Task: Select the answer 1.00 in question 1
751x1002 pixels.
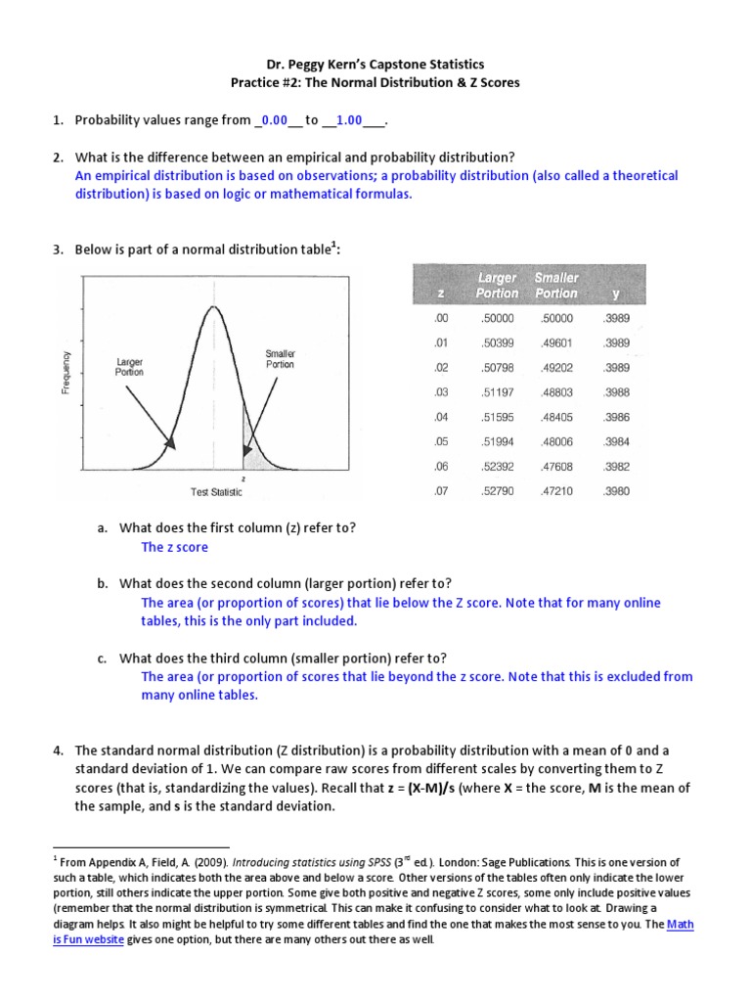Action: point(349,120)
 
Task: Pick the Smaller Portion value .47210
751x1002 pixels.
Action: point(554,490)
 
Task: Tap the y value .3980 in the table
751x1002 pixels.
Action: point(617,490)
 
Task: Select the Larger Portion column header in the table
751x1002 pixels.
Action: point(497,286)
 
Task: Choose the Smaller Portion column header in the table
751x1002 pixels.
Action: point(555,286)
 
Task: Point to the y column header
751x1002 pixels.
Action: point(615,293)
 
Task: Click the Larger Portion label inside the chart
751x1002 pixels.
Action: point(129,366)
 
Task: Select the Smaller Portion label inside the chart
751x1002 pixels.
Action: point(280,358)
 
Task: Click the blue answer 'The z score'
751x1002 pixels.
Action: point(175,547)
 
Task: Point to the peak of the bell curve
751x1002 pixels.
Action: point(211,307)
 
